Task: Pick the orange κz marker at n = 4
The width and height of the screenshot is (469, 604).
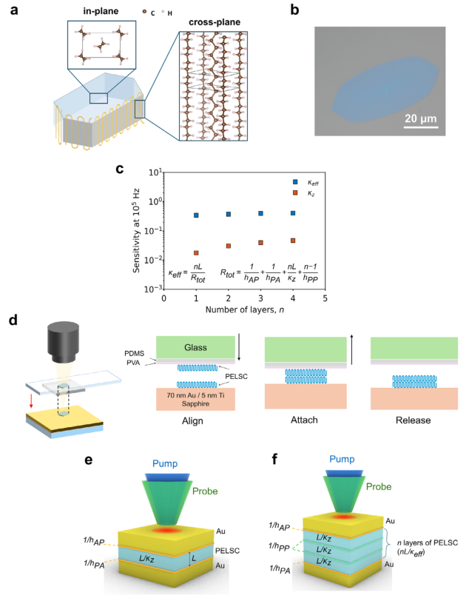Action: pos(293,241)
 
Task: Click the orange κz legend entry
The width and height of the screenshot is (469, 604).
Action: pos(294,192)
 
